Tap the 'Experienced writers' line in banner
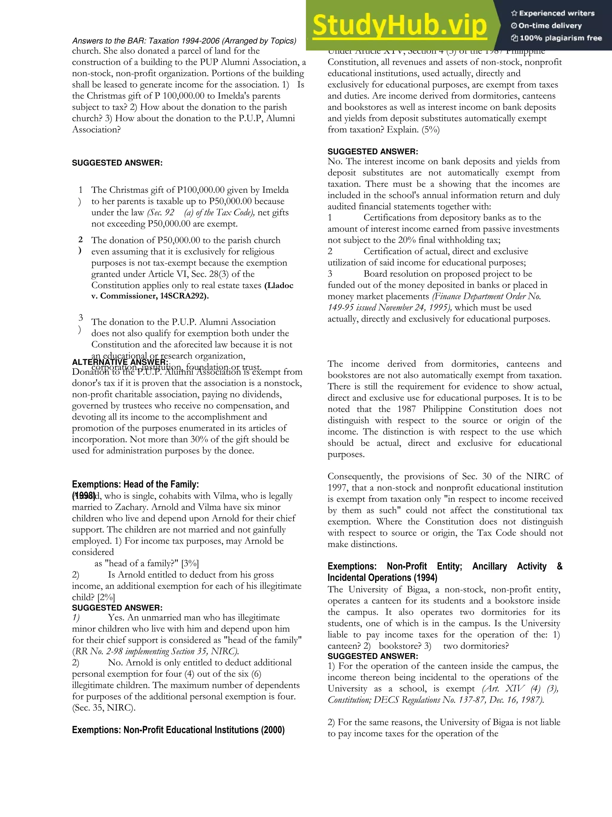(553, 13)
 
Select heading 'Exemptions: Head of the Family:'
(135, 484)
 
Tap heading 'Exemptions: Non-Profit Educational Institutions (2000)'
(178, 730)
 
